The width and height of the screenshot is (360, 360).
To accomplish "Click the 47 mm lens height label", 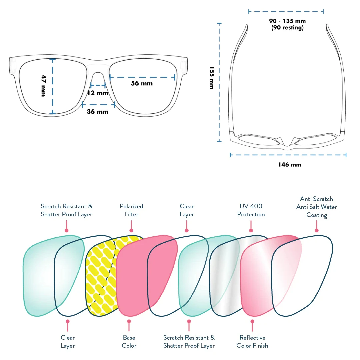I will (x=43, y=86).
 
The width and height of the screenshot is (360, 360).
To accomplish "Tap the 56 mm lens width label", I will (x=142, y=83).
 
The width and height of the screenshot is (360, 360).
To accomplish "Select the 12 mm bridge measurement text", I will (x=98, y=93).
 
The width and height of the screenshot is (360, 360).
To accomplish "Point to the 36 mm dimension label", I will (x=98, y=112).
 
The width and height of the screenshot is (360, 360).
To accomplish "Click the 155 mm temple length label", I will (x=212, y=78).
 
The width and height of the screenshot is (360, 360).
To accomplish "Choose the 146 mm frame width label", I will (x=290, y=164).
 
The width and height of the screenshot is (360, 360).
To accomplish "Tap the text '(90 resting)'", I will (x=287, y=28).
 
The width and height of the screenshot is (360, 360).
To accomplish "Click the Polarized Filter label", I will (x=131, y=210).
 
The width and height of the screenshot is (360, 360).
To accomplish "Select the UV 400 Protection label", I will (x=251, y=210).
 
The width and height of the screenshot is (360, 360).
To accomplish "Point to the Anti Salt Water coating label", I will (x=316, y=207).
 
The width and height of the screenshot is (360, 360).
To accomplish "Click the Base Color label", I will (x=129, y=342).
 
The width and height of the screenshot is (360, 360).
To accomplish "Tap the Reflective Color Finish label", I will (x=252, y=342).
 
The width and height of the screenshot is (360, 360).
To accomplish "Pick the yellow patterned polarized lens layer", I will (x=100, y=277).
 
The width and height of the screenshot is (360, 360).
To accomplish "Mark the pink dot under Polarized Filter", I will (x=131, y=230).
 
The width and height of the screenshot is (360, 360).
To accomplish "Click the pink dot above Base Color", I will (x=129, y=321).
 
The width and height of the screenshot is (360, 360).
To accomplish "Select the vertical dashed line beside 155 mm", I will (x=219, y=82).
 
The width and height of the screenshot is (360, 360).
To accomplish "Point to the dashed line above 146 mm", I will (x=288, y=155).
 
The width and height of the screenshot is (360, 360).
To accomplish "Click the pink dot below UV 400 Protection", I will (x=251, y=230).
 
